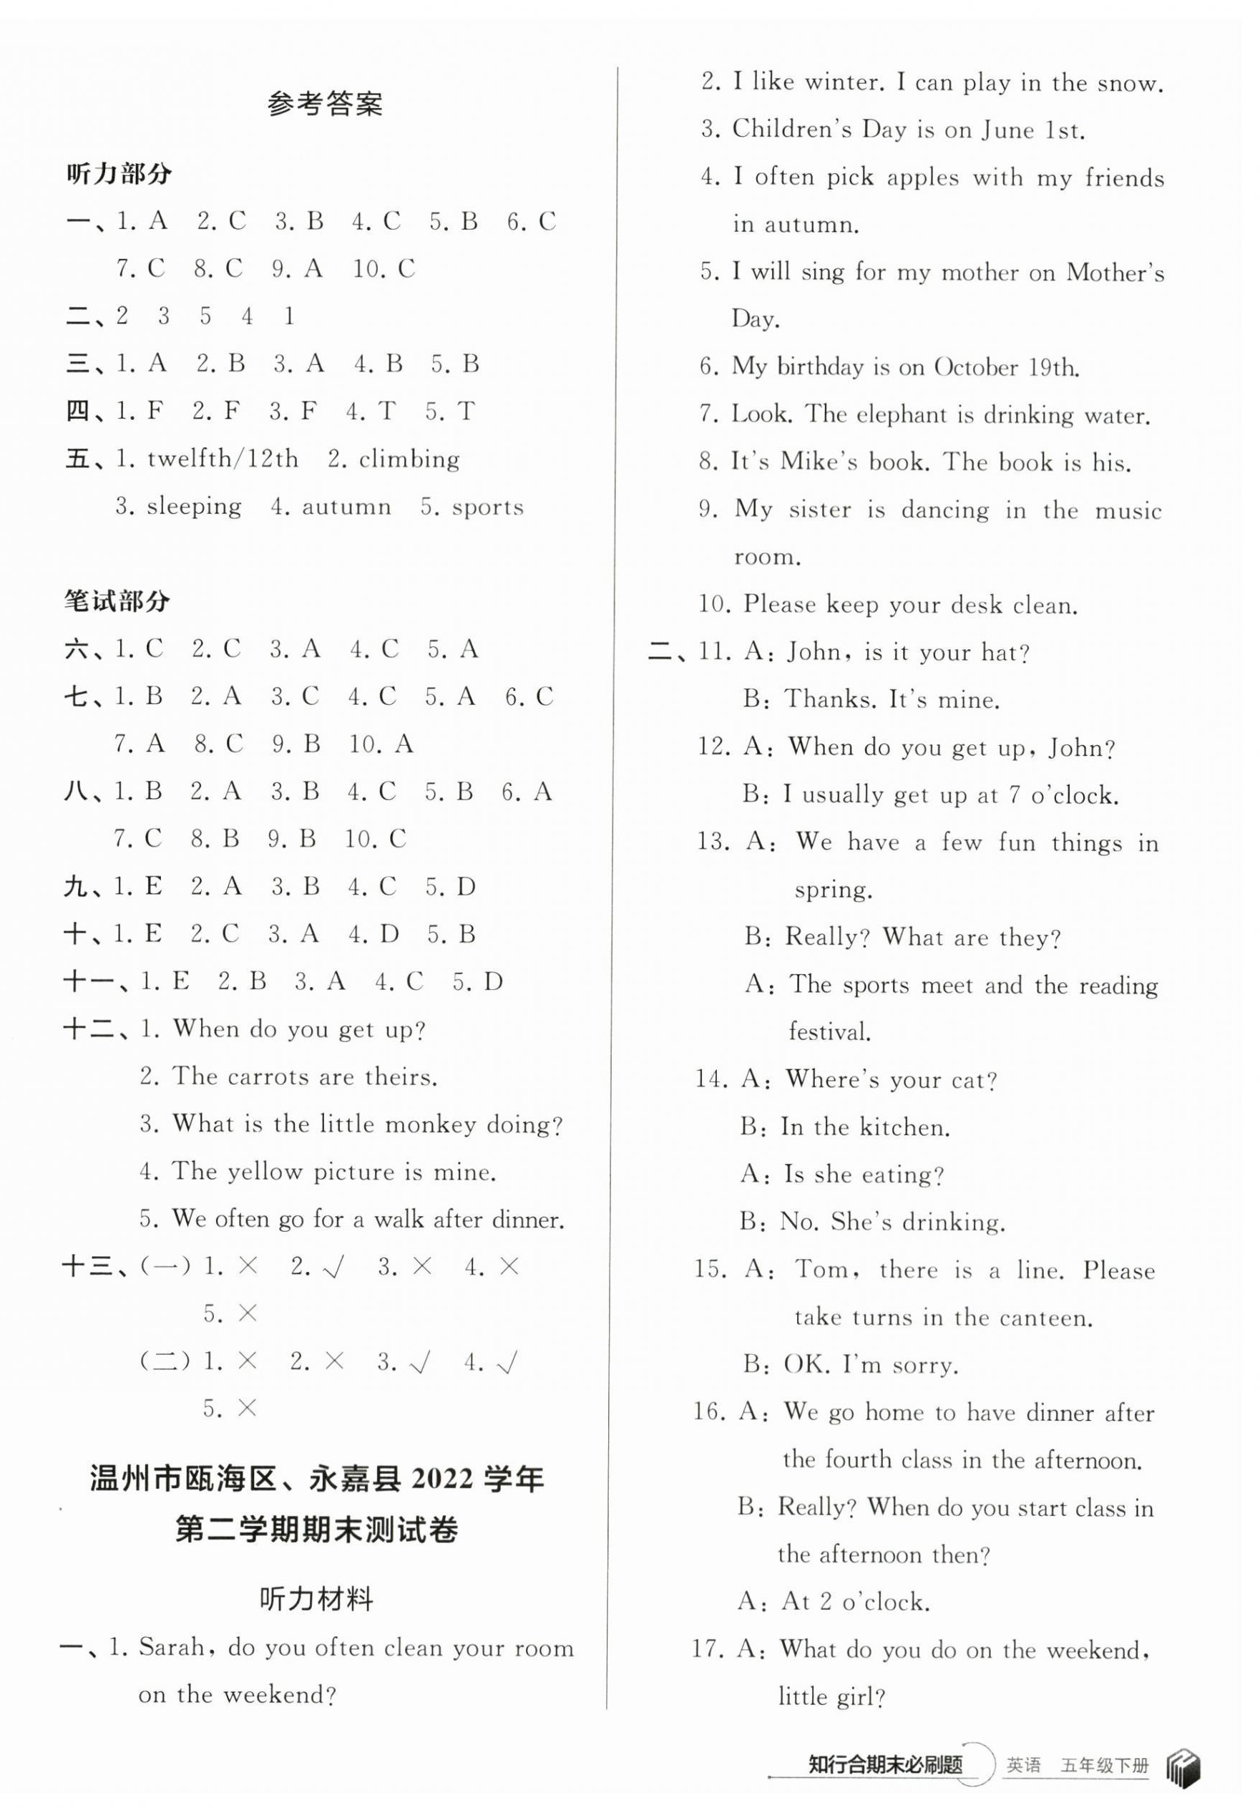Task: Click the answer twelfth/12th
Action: point(223,459)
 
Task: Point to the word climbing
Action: point(409,460)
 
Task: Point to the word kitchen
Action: point(904,1127)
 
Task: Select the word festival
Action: point(830,1032)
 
